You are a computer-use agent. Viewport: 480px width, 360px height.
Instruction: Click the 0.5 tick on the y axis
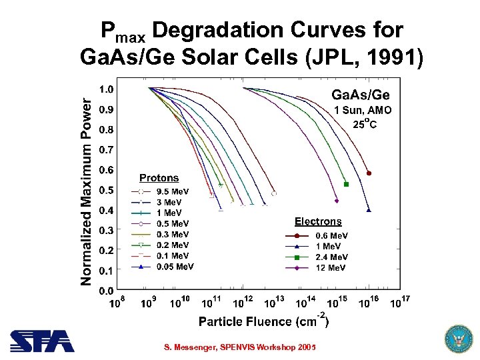(x=105, y=190)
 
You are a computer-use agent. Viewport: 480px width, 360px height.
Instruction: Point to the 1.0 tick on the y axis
(x=105, y=89)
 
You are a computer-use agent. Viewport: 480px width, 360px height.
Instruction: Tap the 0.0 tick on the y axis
(x=105, y=291)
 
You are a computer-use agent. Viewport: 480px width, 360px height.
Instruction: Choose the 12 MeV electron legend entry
(x=331, y=267)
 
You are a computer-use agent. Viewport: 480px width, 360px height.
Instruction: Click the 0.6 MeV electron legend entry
(x=331, y=235)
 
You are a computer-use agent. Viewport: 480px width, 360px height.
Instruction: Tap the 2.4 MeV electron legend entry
(x=331, y=257)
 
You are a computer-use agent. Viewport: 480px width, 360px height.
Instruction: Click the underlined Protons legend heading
(x=159, y=178)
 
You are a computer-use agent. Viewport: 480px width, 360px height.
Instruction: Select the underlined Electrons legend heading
(x=318, y=221)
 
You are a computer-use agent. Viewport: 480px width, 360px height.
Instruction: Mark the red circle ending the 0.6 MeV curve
(x=369, y=173)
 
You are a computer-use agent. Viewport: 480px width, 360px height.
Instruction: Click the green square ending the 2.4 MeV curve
(x=346, y=184)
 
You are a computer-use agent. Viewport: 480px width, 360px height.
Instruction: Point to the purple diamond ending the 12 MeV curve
(x=337, y=200)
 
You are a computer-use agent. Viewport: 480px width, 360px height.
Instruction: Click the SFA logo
(x=42, y=341)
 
